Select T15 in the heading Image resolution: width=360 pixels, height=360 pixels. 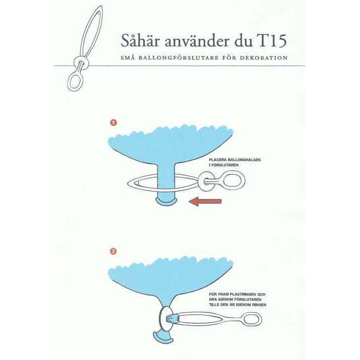pos(271,41)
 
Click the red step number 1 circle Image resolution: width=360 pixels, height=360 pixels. pos(113,123)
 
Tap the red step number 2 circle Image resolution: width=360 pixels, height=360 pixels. pos(113,251)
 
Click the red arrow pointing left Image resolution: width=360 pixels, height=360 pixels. pos(205,201)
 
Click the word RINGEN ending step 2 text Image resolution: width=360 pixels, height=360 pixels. pos(258,305)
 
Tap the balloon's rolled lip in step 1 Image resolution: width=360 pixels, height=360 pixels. pos(166,201)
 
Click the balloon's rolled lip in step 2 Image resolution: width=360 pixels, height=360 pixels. pos(163,336)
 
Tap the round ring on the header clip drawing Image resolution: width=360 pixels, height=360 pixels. pos(75,62)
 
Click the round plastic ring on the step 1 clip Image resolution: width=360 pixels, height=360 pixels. pos(199,180)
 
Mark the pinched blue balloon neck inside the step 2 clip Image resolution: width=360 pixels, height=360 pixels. pos(172,318)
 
